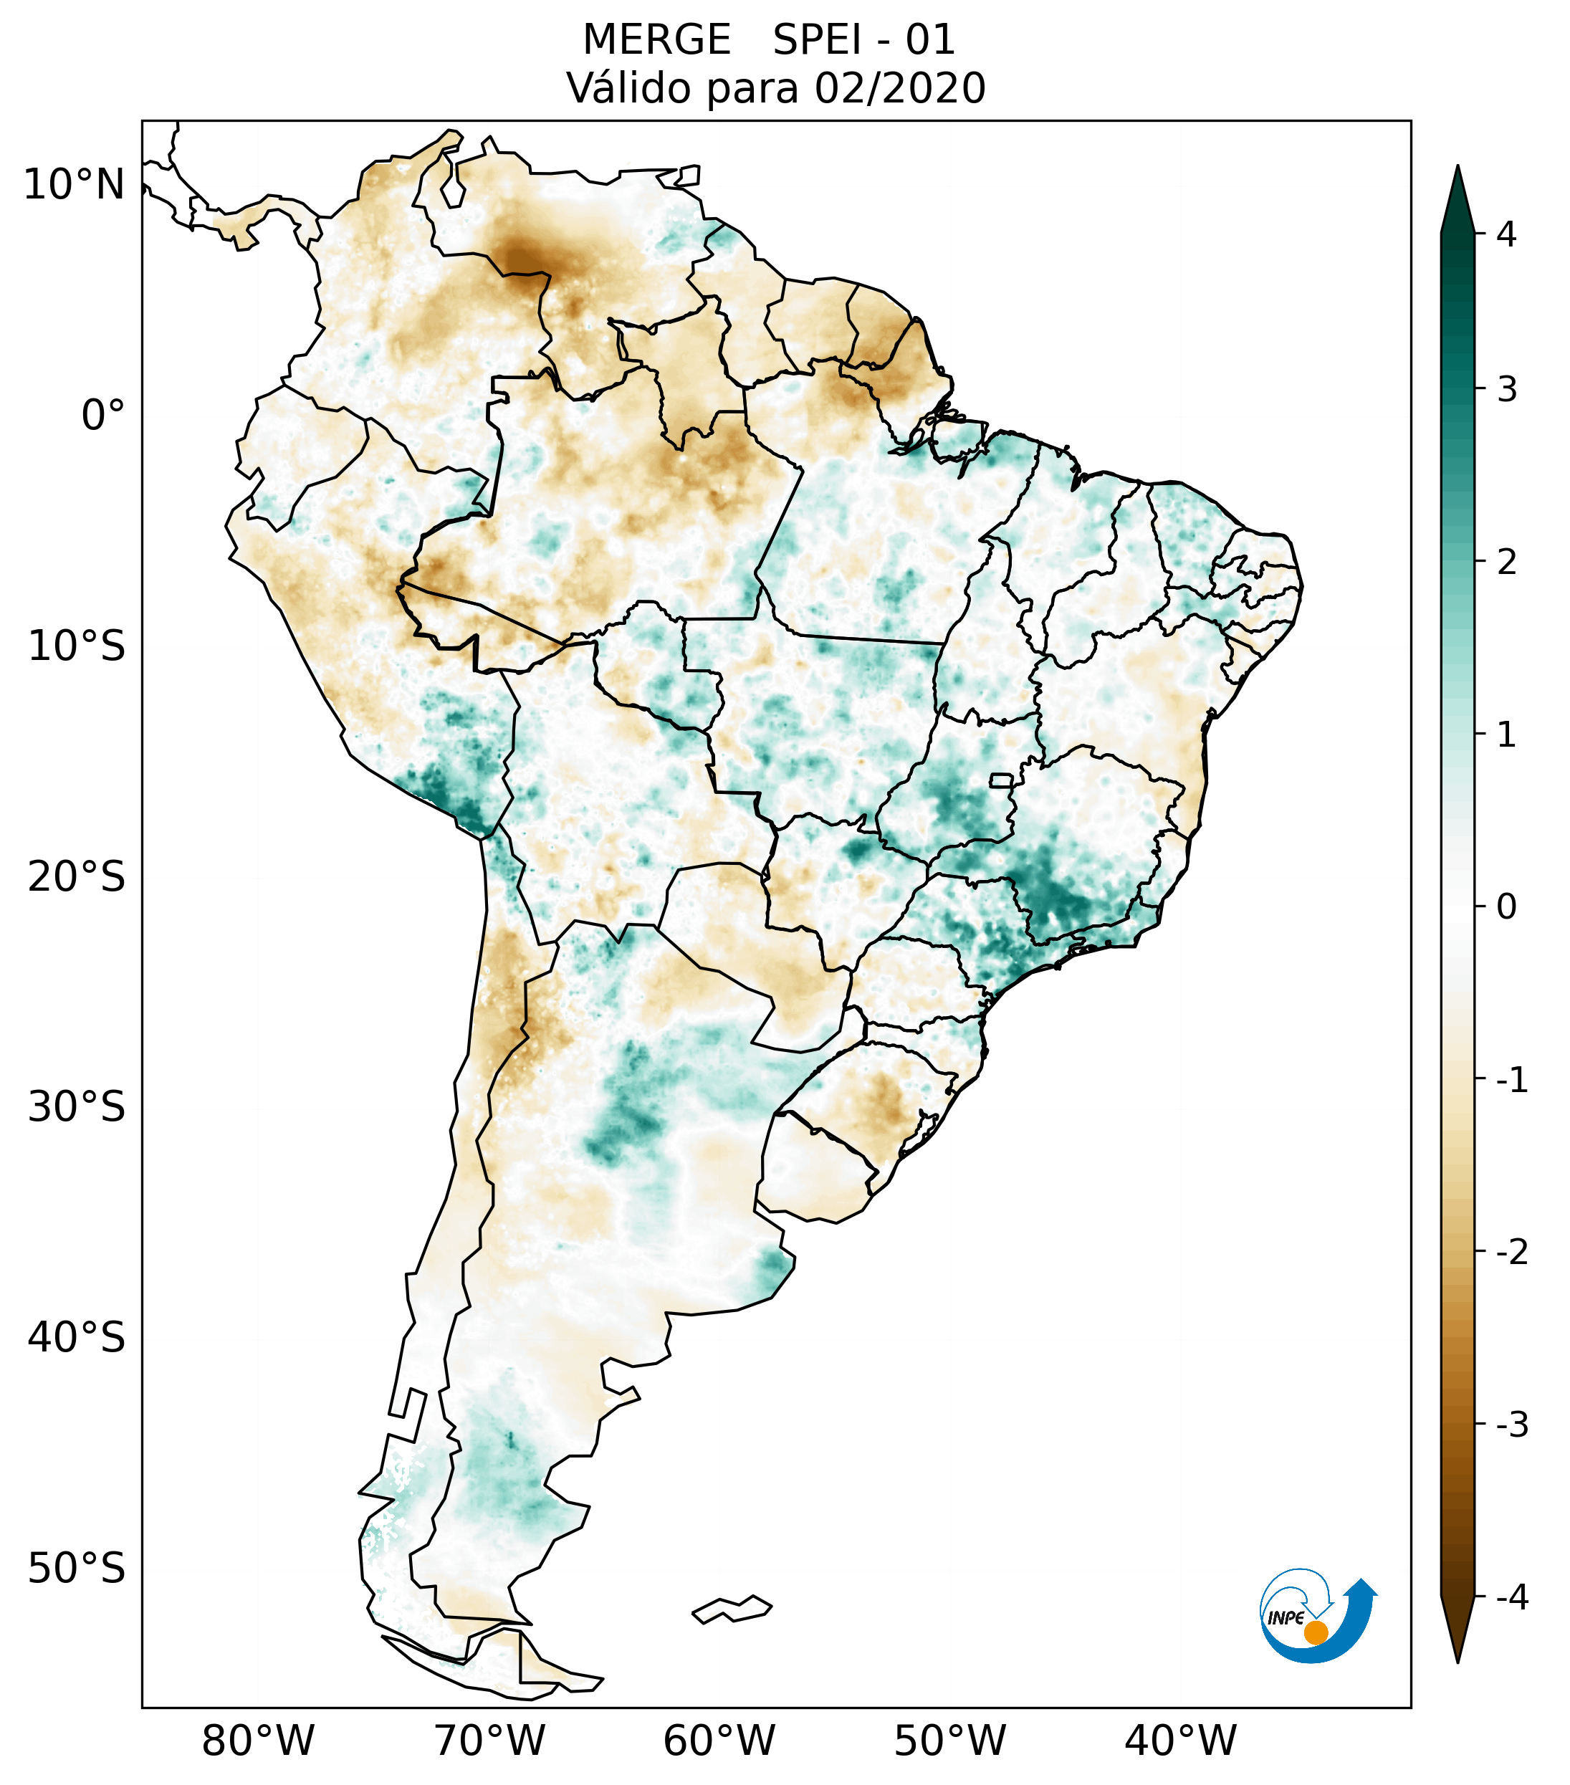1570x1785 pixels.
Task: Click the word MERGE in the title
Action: [x=656, y=40]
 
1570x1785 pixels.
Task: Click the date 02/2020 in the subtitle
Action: [x=899, y=88]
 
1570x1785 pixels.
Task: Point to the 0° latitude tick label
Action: [x=102, y=415]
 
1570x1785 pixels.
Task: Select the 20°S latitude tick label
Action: [x=76, y=877]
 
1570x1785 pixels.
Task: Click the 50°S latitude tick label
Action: [x=76, y=1569]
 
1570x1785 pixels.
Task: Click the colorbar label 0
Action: [x=1506, y=907]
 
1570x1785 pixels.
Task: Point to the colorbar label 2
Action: [x=1506, y=563]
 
